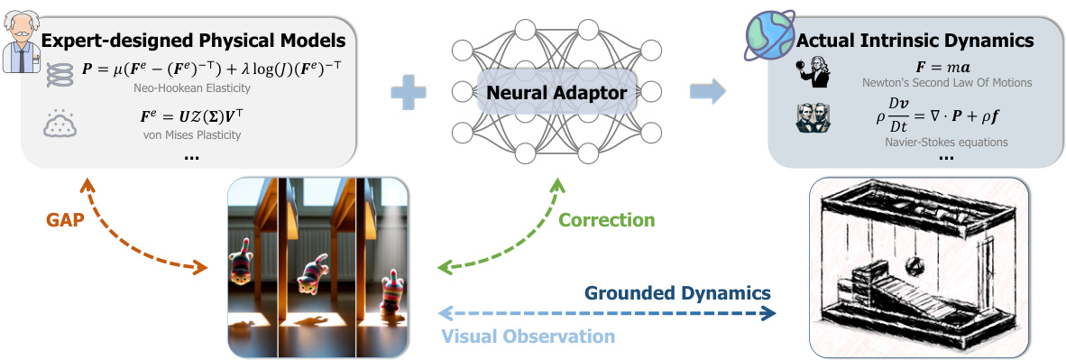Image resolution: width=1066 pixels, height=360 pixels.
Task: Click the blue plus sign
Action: coord(409,91)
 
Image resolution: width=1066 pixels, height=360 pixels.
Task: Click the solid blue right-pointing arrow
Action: coord(708,90)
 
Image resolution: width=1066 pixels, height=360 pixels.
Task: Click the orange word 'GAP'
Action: coord(62,218)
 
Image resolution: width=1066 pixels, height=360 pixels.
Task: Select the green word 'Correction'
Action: coord(607,219)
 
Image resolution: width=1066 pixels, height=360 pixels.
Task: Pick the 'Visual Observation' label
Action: coord(528,336)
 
